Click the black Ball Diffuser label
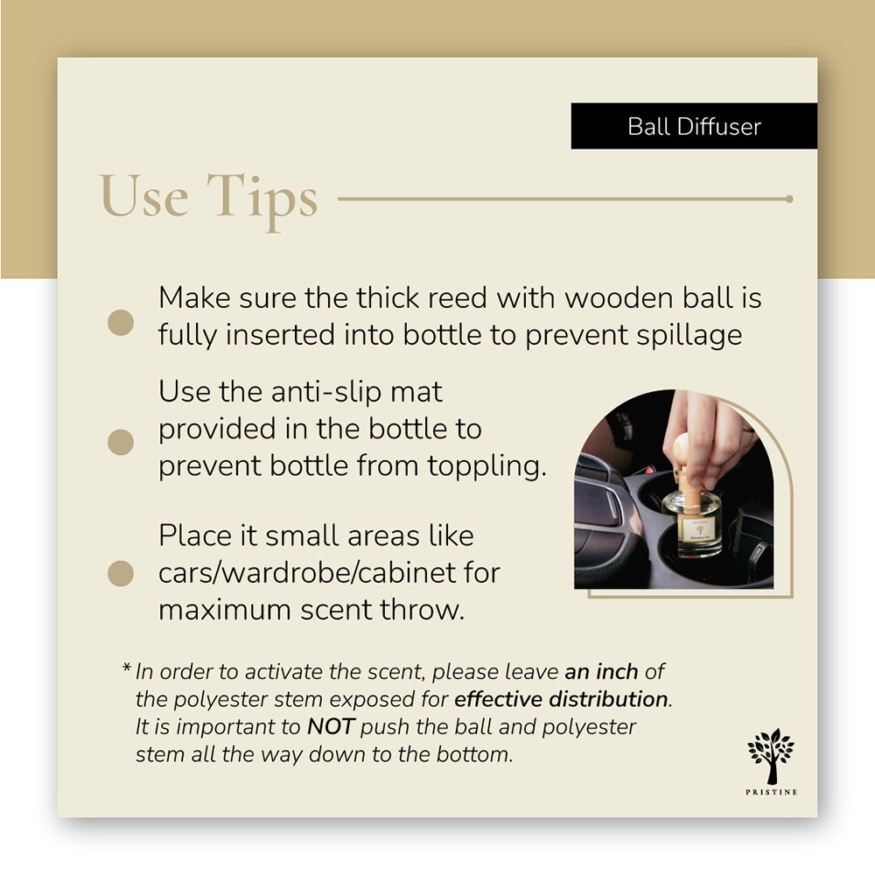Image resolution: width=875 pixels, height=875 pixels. click(694, 126)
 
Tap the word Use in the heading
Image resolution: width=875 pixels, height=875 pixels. click(144, 196)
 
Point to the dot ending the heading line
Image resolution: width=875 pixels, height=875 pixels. click(789, 199)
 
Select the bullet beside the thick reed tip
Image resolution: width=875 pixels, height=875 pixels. click(121, 322)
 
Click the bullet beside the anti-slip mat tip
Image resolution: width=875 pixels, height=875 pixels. click(121, 442)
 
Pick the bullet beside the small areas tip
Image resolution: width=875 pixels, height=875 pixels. click(121, 574)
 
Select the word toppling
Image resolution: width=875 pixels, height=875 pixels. click(486, 465)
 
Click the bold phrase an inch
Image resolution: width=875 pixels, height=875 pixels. click(602, 672)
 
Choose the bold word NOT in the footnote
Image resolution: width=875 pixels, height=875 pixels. click(331, 727)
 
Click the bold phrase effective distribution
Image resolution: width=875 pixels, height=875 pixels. click(561, 699)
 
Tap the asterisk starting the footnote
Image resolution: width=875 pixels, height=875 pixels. click(126, 670)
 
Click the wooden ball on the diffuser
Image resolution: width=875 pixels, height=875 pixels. click(682, 448)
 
